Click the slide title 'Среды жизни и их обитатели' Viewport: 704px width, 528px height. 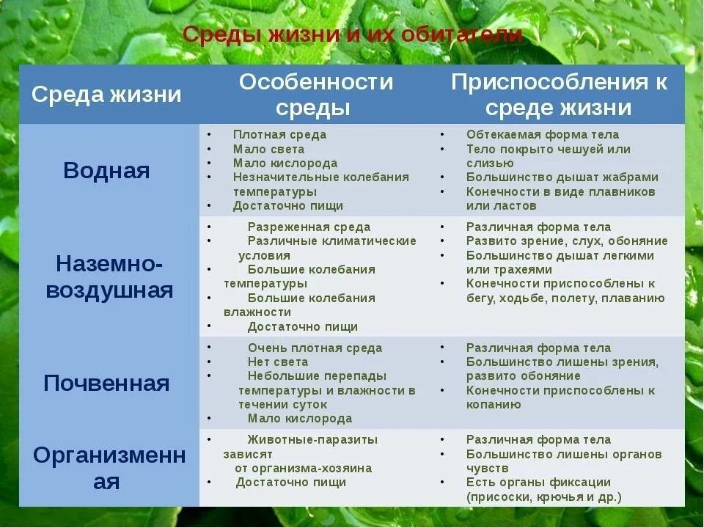point(352,34)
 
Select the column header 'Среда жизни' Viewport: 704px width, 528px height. point(107,95)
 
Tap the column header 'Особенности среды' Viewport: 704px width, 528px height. point(316,95)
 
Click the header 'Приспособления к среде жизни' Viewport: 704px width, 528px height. point(559,95)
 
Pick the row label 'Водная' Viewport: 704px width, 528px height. point(107,171)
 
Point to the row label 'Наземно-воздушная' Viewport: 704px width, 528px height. point(110,276)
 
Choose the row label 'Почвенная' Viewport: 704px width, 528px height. point(107,383)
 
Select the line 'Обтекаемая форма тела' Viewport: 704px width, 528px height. point(543,135)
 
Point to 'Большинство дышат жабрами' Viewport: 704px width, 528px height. point(562,177)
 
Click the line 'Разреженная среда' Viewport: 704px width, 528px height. point(309,227)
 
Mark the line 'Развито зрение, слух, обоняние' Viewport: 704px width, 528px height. point(567,241)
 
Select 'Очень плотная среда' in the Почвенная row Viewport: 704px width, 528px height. point(315,348)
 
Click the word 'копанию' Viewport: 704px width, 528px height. point(494,405)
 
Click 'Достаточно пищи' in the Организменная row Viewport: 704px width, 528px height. point(290,483)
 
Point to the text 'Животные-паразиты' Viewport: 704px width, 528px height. point(312,440)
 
